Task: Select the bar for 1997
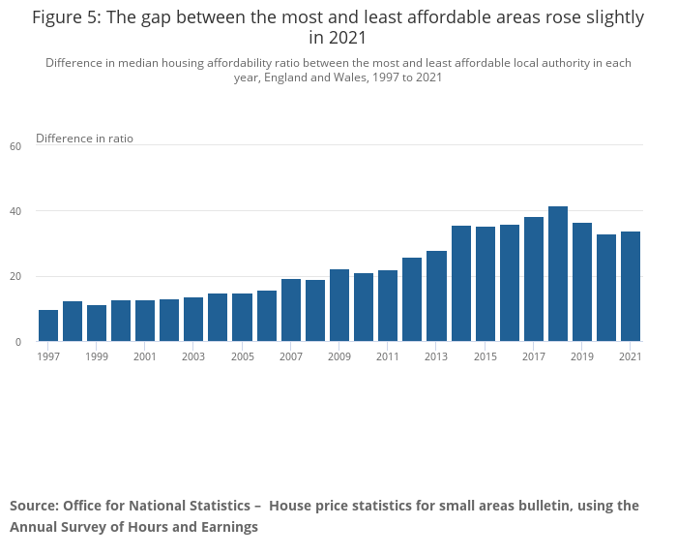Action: [x=48, y=325]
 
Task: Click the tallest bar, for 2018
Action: [x=558, y=274]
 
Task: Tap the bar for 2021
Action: [x=631, y=287]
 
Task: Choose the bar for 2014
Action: [x=461, y=284]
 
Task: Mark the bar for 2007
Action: [x=291, y=310]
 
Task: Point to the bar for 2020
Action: [x=606, y=288]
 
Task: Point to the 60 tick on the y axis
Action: [x=15, y=146]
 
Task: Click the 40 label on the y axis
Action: [x=15, y=211]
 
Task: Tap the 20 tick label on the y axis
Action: [x=15, y=277]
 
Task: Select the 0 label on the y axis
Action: [x=17, y=342]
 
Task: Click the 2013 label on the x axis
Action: [x=436, y=356]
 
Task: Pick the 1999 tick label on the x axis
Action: [x=97, y=356]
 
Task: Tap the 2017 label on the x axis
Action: [x=534, y=356]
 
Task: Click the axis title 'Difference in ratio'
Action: [x=84, y=139]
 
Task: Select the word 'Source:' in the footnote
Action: [x=34, y=506]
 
